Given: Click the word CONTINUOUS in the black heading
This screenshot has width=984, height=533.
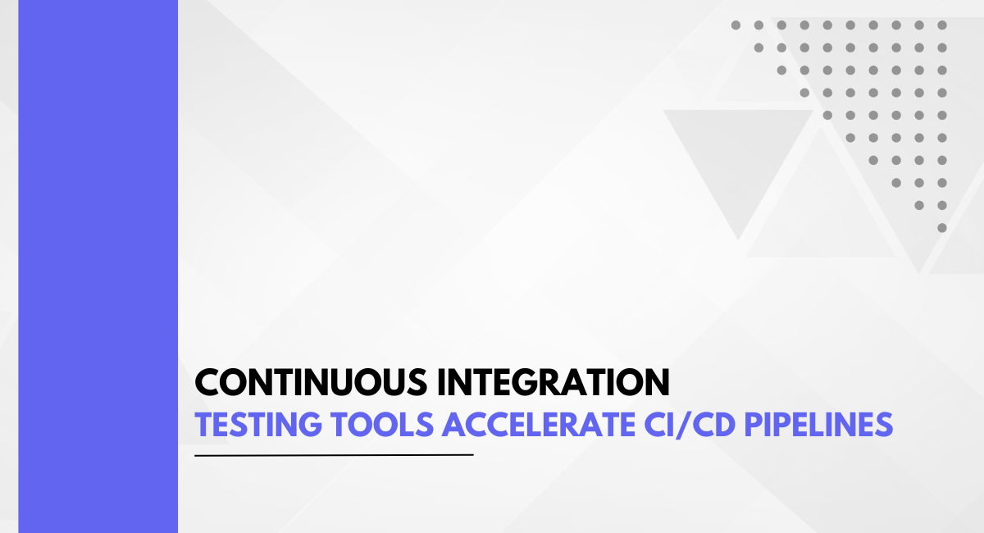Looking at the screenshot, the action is (311, 382).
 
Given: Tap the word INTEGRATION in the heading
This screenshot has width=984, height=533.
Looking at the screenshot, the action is (553, 382).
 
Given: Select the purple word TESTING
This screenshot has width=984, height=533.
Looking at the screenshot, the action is (258, 425).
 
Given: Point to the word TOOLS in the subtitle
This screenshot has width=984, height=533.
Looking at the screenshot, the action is (383, 425).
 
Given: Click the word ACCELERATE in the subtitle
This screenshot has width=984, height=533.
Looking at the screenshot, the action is (539, 425).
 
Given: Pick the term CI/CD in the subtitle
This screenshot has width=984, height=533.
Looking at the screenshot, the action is (690, 425).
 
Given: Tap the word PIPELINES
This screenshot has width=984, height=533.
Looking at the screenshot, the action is (819, 425).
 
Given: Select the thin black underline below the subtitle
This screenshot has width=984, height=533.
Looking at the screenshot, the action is (334, 455).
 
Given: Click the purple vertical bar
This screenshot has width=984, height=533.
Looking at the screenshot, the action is (98, 266).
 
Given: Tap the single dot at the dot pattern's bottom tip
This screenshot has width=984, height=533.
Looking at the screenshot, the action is (942, 228).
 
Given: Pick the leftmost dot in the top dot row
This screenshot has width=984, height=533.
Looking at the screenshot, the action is (736, 25).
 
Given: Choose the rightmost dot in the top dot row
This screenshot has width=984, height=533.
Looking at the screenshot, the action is (942, 25).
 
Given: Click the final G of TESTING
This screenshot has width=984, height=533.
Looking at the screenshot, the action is (309, 425).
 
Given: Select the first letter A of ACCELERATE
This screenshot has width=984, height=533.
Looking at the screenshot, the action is (453, 425).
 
